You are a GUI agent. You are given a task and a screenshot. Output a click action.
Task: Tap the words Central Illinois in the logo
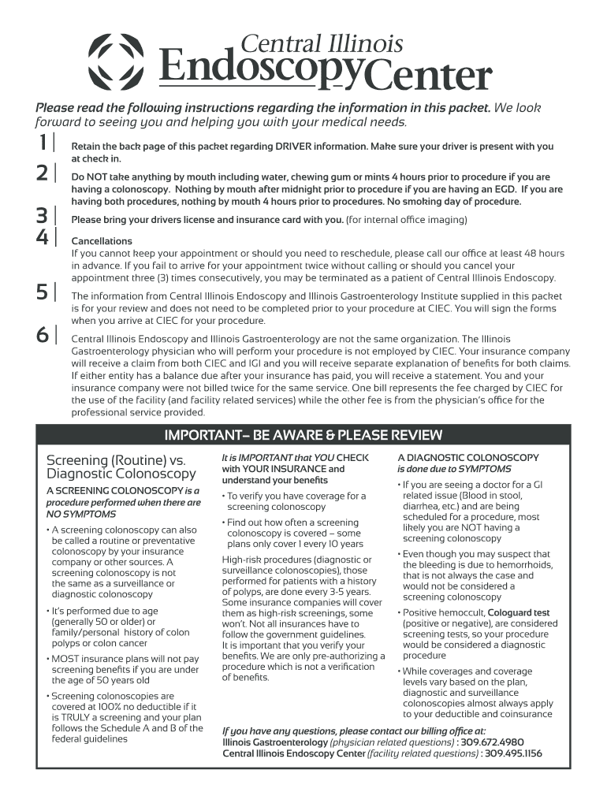tap(322, 43)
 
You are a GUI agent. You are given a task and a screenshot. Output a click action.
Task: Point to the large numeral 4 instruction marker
tap(42, 236)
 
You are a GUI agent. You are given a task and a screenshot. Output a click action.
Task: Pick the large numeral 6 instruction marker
tap(42, 335)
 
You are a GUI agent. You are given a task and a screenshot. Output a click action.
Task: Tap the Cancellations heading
tap(102, 241)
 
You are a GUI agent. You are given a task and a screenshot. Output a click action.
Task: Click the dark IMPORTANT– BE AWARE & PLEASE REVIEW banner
tap(303, 435)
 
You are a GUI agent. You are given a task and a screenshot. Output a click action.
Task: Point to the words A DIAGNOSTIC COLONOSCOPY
tap(468, 457)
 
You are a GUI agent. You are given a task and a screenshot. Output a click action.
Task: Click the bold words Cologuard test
tap(519, 612)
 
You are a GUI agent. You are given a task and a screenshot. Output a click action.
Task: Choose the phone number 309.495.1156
tap(514, 753)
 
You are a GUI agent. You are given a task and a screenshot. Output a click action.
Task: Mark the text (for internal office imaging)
tap(407, 220)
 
